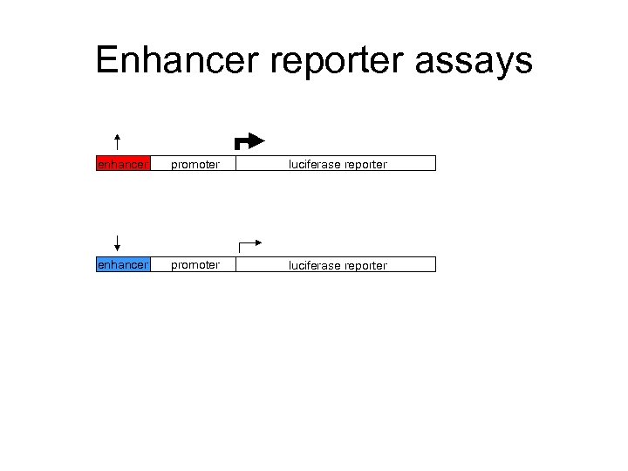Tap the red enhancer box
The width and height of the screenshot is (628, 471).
[123, 163]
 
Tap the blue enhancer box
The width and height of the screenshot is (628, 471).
[123, 264]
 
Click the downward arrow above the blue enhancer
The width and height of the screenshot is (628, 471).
[117, 244]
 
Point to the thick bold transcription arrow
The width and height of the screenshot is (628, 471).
[249, 141]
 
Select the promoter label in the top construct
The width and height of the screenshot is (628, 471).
[195, 164]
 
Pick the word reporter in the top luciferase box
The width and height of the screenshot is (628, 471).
[365, 164]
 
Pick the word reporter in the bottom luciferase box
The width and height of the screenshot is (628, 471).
[365, 265]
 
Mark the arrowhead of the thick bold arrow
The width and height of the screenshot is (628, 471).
[259, 140]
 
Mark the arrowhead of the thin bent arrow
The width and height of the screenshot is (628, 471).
[258, 242]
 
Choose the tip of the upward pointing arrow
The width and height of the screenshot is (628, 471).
[117, 134]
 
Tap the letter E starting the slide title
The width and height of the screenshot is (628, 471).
[106, 60]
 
